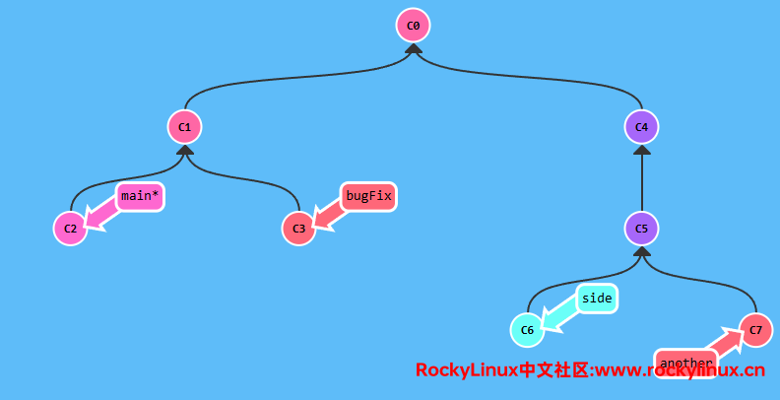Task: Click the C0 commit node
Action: point(414,25)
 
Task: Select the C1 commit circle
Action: point(184,127)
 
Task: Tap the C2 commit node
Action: point(70,229)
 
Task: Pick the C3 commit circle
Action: point(298,229)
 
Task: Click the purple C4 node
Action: point(641,127)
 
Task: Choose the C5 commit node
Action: point(641,229)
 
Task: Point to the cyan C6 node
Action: point(527,330)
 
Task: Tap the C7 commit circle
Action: point(755,330)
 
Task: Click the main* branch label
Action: point(139,196)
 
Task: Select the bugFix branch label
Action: point(368,196)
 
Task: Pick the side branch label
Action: point(597,298)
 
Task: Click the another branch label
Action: point(685,364)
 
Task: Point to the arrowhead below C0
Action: point(414,49)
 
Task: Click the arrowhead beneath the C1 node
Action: point(184,151)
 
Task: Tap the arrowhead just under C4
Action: point(641,151)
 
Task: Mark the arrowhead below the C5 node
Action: point(641,252)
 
